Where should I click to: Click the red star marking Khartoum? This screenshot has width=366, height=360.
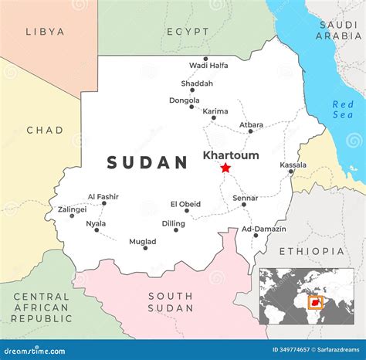tap(225, 168)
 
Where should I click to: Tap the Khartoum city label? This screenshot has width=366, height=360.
tap(231, 155)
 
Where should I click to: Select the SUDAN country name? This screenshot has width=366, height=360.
tap(147, 162)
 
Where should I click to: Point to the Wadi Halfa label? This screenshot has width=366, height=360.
tap(208, 66)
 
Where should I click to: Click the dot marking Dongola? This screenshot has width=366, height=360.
tap(191, 107)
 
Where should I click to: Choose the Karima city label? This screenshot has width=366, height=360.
tap(215, 111)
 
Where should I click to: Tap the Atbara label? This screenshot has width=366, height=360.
tap(251, 124)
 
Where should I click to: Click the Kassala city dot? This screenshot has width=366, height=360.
tap(291, 172)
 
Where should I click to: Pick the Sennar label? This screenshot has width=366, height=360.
tap(246, 198)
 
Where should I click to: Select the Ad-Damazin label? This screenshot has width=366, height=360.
tap(264, 229)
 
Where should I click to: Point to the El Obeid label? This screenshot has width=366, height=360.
tap(185, 204)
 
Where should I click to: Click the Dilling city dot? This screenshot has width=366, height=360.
tap(175, 229)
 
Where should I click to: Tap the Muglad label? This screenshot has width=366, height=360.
tap(142, 241)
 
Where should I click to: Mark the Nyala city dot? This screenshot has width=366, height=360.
tap(97, 229)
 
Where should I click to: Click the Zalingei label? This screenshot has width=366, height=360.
tap(72, 209)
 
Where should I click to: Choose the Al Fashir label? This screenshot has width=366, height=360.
tap(102, 197)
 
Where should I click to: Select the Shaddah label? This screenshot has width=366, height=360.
tap(196, 83)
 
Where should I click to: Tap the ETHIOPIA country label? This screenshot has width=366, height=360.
tap(311, 251)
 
